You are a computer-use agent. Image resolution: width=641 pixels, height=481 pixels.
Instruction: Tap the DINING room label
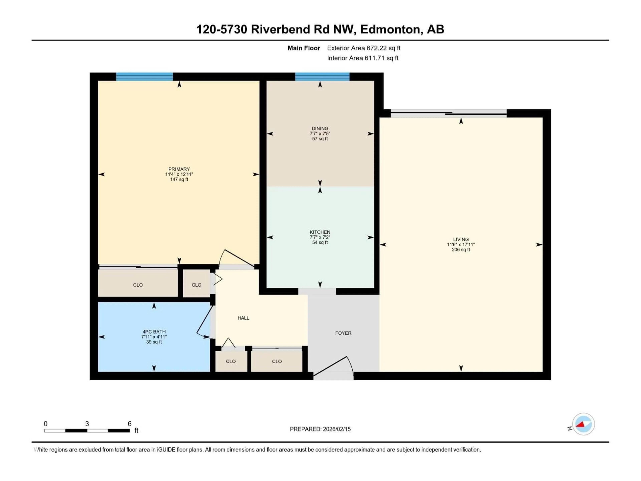(x=320, y=128)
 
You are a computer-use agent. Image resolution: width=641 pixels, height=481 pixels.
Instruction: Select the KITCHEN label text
(x=320, y=232)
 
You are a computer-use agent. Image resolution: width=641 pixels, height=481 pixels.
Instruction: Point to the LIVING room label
(x=461, y=239)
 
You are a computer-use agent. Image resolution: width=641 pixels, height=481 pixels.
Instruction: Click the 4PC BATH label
(x=154, y=332)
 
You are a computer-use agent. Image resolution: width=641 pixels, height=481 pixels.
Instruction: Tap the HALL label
(x=243, y=318)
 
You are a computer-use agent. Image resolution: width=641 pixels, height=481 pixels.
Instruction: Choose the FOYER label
(x=343, y=333)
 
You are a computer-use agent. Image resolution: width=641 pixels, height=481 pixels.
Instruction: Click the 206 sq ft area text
(x=461, y=250)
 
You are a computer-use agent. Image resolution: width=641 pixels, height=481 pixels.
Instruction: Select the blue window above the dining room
(x=322, y=76)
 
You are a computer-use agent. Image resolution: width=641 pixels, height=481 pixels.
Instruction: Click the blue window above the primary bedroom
(x=144, y=76)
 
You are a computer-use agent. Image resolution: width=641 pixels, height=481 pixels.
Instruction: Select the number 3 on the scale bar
(x=87, y=424)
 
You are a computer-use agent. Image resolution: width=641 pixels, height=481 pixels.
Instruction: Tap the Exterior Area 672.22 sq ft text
(x=364, y=48)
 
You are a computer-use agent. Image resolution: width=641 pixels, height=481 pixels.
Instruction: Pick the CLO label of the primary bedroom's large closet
(x=138, y=285)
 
